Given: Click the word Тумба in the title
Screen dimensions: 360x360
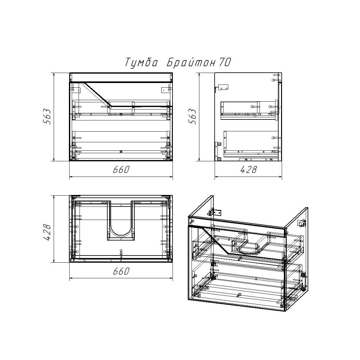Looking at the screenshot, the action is click(x=141, y=62).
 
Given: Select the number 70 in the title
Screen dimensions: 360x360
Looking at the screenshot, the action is click(x=224, y=62).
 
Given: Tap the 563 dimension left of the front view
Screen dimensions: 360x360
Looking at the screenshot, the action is click(x=47, y=116).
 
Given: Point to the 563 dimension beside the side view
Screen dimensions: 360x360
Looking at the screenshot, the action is click(x=192, y=116).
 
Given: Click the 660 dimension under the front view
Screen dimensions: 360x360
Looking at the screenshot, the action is click(x=121, y=170).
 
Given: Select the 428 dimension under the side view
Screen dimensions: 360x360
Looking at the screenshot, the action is click(x=248, y=170).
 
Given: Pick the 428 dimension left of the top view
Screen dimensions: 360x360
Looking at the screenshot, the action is click(x=47, y=232).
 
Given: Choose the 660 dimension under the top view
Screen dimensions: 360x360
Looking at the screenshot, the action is click(x=121, y=271).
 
